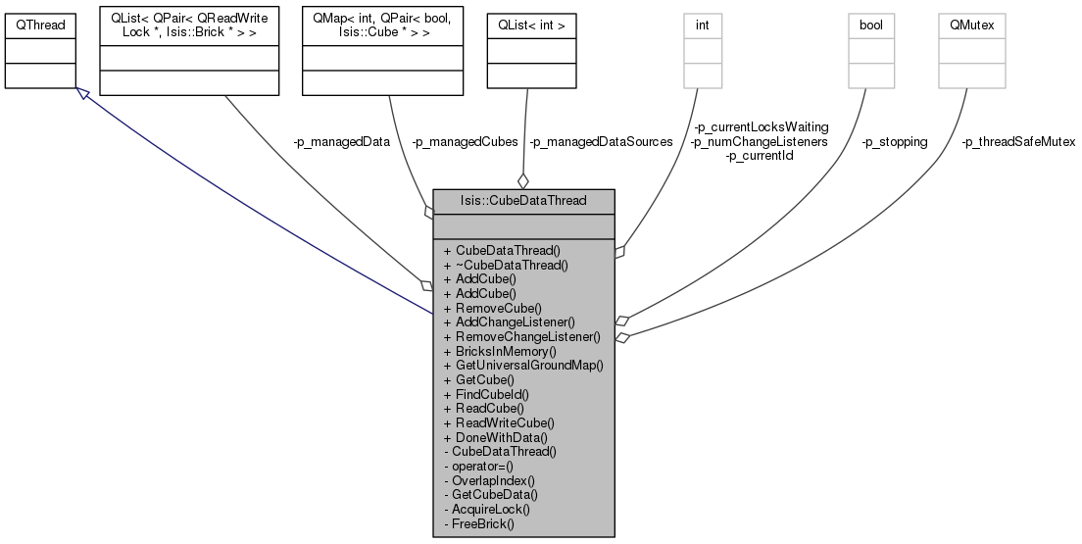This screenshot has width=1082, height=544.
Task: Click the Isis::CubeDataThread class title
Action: point(523,201)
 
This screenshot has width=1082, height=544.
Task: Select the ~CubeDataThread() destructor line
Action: point(506,265)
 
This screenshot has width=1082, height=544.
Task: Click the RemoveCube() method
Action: point(497,308)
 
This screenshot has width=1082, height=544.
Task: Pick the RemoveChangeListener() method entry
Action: point(521,336)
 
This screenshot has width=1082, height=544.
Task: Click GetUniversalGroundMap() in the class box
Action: point(522,365)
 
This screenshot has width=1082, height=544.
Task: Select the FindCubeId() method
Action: point(492,394)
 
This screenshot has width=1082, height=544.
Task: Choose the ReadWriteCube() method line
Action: point(499,422)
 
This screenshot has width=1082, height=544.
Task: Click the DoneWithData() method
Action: point(496,437)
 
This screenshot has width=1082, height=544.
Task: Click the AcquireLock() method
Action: point(486,510)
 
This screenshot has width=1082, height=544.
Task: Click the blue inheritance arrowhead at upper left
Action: point(83,93)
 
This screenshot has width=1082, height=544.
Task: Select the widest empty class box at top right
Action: point(971,51)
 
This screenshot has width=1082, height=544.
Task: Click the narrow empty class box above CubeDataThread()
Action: point(703,51)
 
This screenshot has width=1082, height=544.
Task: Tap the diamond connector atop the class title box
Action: point(522,181)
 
